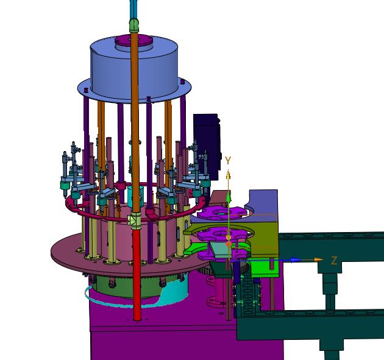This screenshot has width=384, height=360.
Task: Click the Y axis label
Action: pos(228,161)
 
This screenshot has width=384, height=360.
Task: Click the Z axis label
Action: pos(334,260)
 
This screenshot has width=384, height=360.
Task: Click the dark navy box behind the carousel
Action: pos(207,146)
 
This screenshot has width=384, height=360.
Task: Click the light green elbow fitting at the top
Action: pos(134,25)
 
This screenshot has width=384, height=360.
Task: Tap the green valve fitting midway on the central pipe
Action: pos(135,221)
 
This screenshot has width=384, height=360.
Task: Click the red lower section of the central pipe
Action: pos(137,274)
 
